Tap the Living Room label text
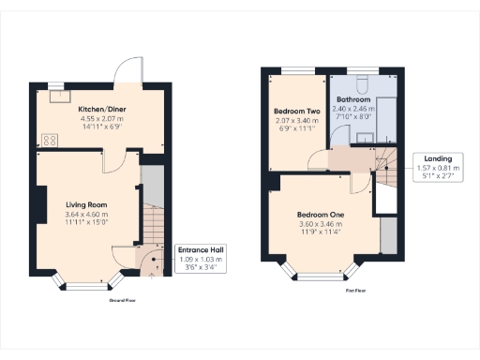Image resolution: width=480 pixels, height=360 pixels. click(x=86, y=204)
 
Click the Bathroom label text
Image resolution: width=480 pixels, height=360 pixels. click(x=354, y=99)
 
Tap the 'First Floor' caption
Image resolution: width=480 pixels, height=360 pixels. click(x=353, y=292)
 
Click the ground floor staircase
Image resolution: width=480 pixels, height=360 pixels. click(x=154, y=234)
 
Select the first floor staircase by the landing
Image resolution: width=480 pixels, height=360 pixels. click(x=386, y=170)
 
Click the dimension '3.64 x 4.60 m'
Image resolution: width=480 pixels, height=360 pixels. click(x=86, y=215)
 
